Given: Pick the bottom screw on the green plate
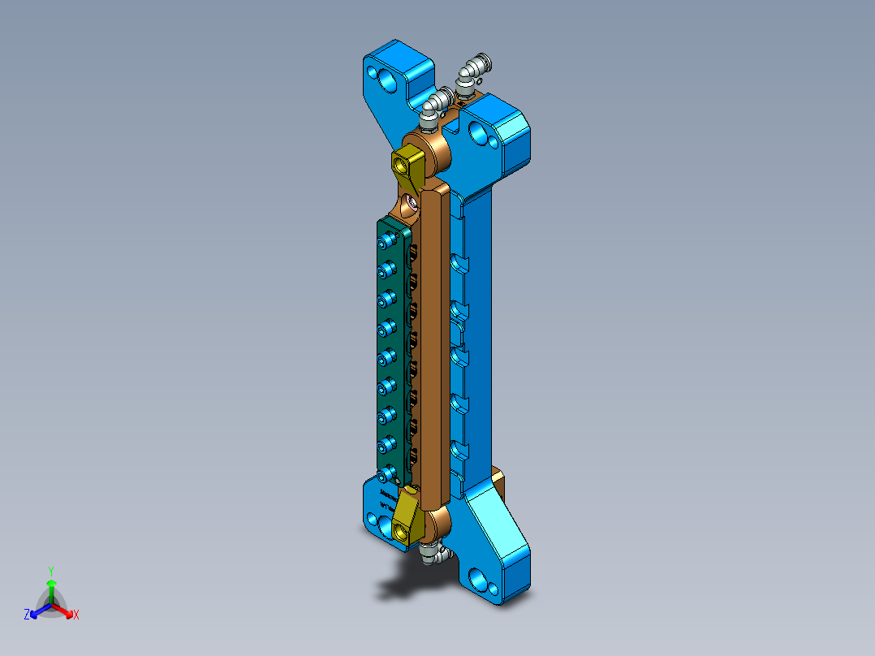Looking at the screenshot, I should point(386,471).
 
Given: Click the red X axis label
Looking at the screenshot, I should point(75,615).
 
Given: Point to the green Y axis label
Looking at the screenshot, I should point(50,570).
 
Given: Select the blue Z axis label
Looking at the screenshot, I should point(27,615).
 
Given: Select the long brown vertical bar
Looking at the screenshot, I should point(435,341).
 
